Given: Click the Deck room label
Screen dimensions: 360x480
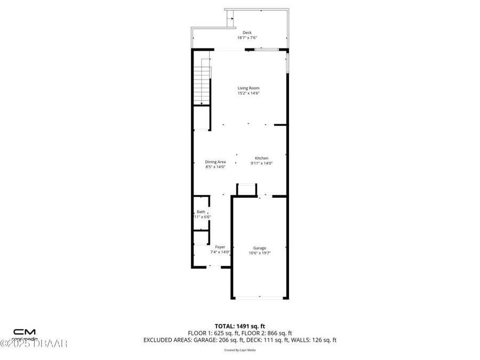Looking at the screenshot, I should [247, 33].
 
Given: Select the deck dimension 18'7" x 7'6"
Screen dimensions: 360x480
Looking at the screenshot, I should [247, 38].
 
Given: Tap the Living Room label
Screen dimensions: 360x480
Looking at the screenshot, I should [248, 88].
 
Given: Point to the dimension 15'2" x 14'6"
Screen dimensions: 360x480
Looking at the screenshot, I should [248, 93].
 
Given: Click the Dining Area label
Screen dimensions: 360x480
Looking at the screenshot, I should [215, 162].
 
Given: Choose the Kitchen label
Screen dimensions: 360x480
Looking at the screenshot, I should [261, 158].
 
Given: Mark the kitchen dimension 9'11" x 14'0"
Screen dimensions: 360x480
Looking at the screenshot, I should [261, 164].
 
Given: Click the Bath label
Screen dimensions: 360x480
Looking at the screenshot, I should [201, 212].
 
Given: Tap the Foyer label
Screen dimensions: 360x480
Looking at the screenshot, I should [220, 247].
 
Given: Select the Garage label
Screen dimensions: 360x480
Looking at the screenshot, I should [260, 248].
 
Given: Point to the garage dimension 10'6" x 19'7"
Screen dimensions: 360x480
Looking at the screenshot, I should [260, 253].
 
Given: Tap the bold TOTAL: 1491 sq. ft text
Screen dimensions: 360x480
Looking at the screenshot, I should [239, 325].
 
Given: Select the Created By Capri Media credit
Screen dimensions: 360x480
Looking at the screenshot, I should [239, 350].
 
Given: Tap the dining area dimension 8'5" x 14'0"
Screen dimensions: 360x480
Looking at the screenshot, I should [215, 167].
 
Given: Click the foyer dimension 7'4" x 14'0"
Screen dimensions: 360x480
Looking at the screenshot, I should [220, 252].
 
